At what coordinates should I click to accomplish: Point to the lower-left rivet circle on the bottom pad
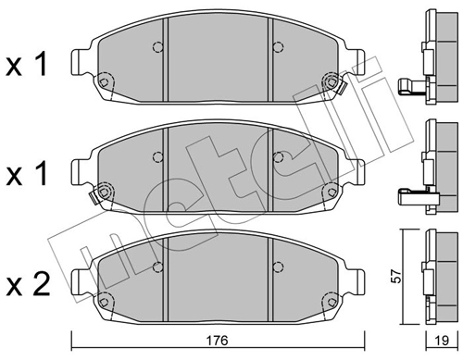(105, 296)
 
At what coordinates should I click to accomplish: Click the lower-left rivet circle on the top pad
(105, 83)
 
